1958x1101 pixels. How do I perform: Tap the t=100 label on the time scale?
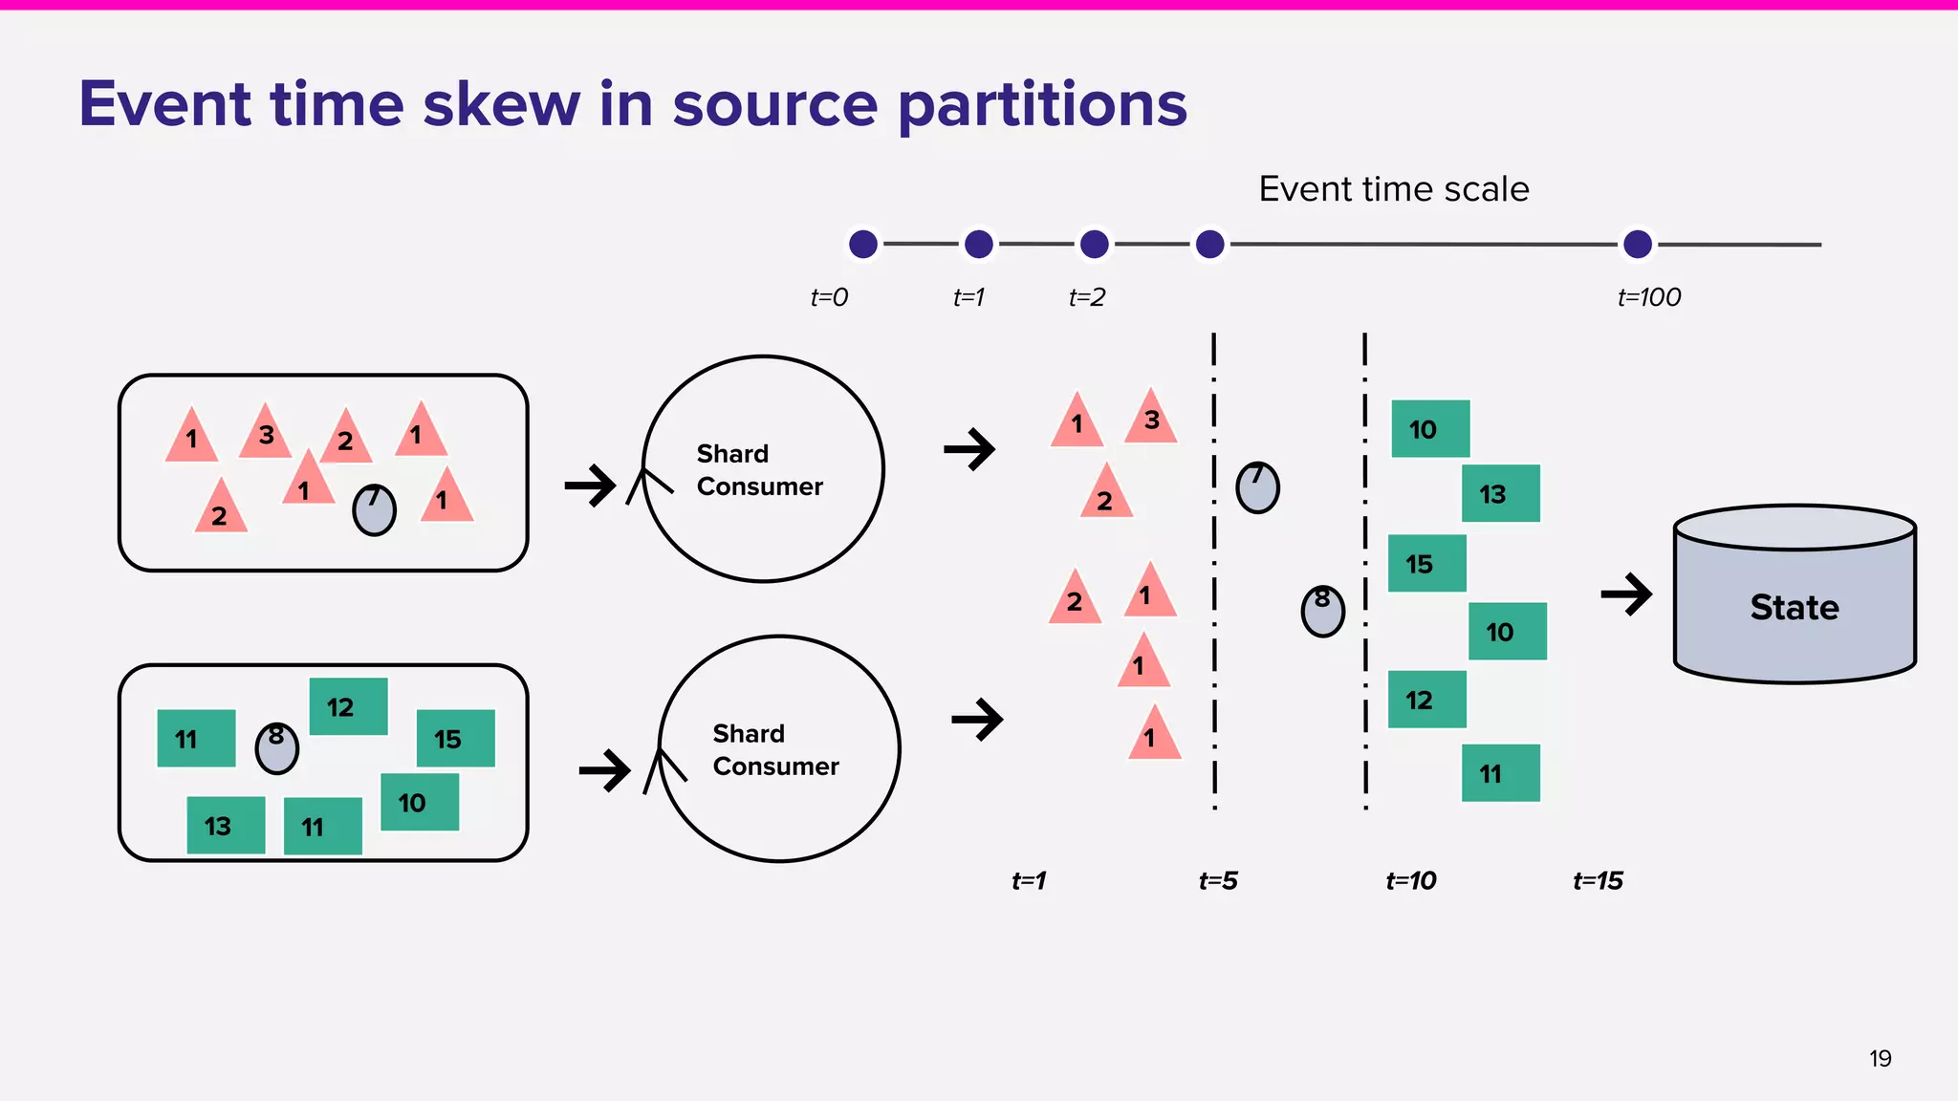tap(1648, 297)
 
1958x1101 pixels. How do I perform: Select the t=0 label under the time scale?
tap(829, 297)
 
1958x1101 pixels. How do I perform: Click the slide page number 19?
tap(1880, 1058)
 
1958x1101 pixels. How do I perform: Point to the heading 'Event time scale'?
tap(1393, 189)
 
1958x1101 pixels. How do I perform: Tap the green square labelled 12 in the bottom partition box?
tap(348, 706)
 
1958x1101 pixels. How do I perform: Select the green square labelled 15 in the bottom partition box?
tap(456, 738)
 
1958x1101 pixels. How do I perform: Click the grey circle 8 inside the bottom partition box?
tap(277, 747)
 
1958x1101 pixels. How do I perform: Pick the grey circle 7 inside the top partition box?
tap(374, 509)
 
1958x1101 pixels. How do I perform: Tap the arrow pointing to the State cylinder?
tap(1626, 594)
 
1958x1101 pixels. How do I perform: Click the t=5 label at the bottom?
tap(1218, 880)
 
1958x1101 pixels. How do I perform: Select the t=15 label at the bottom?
tap(1598, 880)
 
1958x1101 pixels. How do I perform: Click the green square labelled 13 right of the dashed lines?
tap(1501, 493)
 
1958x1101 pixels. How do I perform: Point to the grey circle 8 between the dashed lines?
tap(1322, 611)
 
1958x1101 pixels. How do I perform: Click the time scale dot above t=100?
tap(1637, 244)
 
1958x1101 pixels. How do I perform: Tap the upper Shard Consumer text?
tap(759, 469)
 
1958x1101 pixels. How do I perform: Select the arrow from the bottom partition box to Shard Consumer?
tap(604, 769)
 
